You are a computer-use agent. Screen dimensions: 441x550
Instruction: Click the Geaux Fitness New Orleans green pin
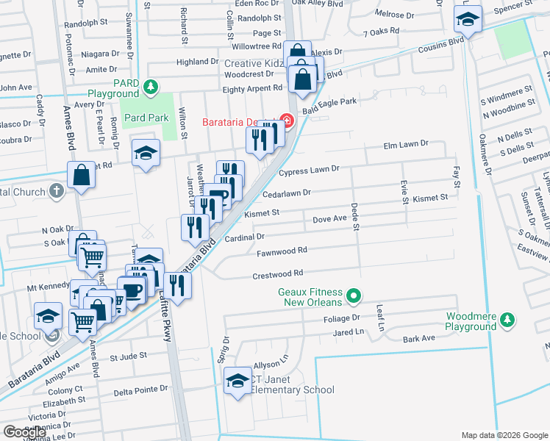click(354, 296)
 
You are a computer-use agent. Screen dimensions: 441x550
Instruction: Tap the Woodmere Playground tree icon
click(507, 319)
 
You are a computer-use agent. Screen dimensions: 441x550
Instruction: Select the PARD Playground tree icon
click(151, 87)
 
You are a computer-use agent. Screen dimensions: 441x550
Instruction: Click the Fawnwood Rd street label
click(282, 252)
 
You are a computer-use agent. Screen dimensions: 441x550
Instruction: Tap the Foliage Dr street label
click(340, 318)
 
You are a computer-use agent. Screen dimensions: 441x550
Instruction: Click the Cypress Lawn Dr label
click(309, 170)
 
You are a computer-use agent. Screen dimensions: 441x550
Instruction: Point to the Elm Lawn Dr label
click(405, 145)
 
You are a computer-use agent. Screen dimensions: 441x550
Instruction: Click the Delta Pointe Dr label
click(141, 389)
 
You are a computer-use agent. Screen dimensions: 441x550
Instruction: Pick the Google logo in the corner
click(26, 432)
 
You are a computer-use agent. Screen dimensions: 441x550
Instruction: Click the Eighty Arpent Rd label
click(252, 88)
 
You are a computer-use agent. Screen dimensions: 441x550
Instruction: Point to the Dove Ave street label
click(329, 219)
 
